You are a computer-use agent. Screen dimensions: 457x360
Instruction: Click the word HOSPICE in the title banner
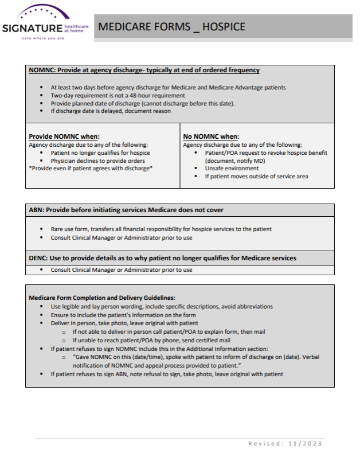pyautogui.click(x=224, y=26)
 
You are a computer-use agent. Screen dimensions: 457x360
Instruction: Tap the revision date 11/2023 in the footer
pyautogui.click(x=307, y=443)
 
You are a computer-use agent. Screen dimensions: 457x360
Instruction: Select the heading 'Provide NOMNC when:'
pyautogui.click(x=64, y=136)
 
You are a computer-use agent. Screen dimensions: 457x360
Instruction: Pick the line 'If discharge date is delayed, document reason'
pyautogui.click(x=111, y=111)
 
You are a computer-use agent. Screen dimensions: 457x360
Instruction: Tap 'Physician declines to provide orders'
pyautogui.click(x=97, y=161)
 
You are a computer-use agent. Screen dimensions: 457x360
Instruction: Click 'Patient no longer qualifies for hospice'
pyautogui.click(x=100, y=153)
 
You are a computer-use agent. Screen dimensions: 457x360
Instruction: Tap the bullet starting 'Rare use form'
pyautogui.click(x=161, y=229)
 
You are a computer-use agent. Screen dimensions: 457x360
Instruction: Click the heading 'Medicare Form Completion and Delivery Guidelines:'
pyautogui.click(x=102, y=298)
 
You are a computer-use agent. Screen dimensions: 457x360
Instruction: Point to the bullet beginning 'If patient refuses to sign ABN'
pyautogui.click(x=167, y=374)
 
